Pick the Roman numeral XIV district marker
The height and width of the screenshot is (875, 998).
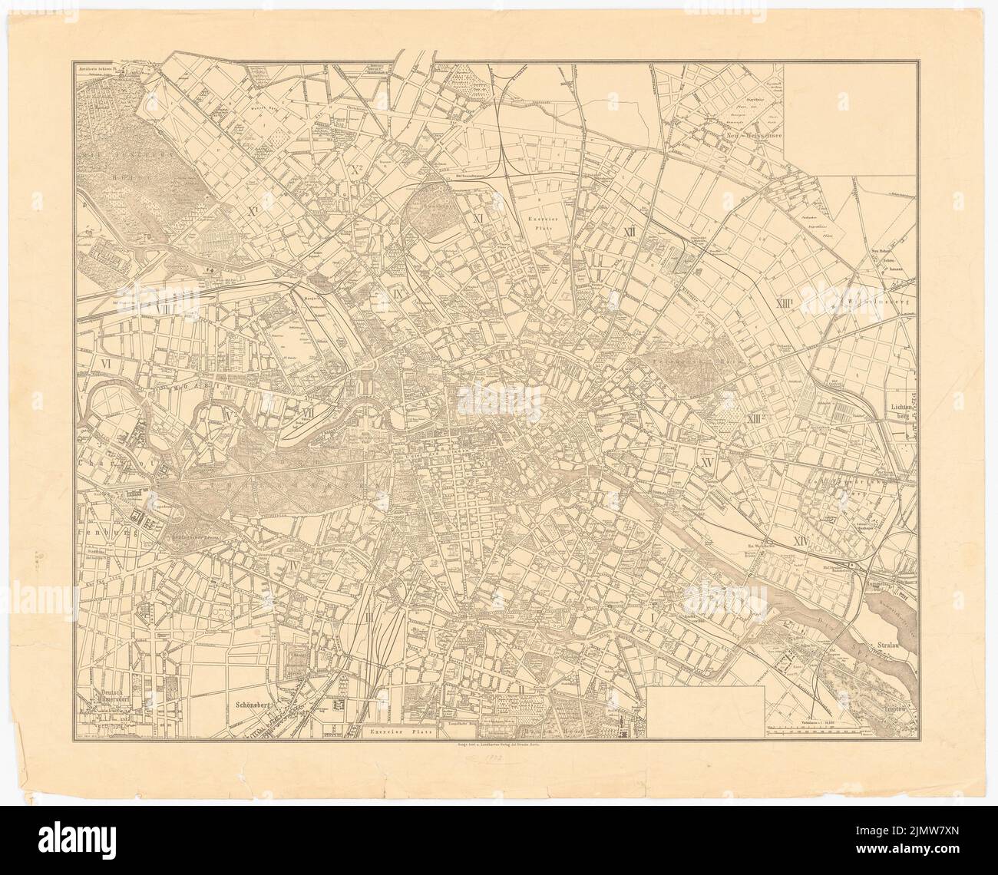(x=801, y=541)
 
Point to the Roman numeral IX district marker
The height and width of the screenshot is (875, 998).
(x=378, y=292)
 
